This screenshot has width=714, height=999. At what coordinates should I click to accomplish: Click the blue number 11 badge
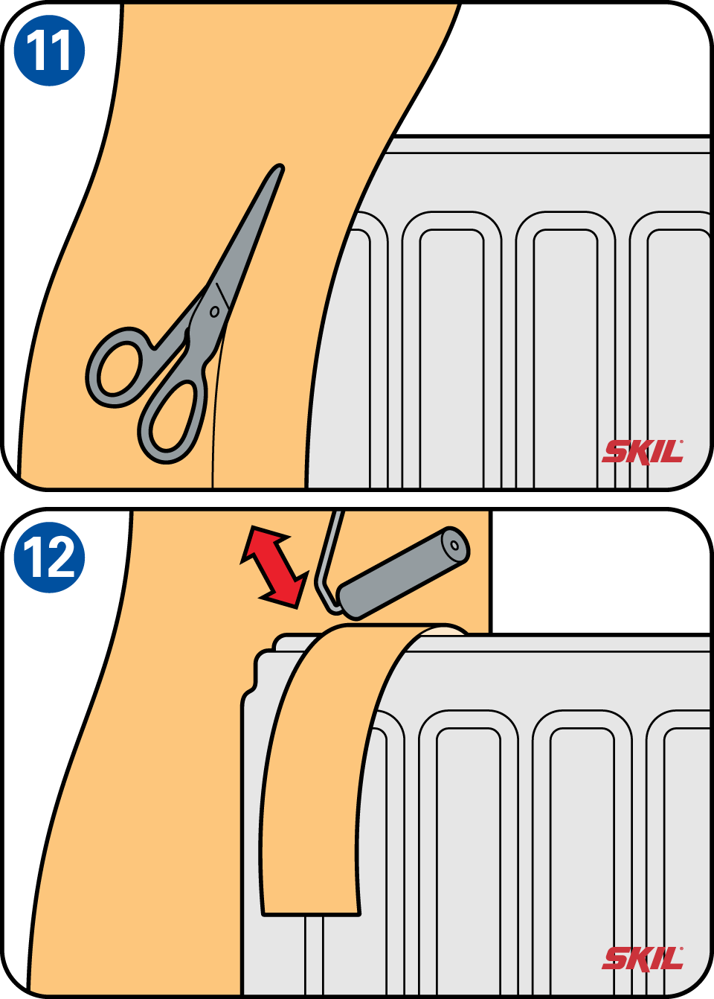(49, 50)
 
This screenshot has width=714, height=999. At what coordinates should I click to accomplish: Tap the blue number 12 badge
(49, 557)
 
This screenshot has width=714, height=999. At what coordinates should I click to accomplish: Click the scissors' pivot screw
(214, 311)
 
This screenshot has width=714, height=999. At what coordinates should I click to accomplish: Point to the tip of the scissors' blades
(280, 167)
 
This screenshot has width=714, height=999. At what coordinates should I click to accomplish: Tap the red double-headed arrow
(274, 567)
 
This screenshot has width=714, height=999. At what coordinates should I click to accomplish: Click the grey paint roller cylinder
(402, 573)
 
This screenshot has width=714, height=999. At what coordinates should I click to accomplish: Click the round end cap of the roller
(454, 545)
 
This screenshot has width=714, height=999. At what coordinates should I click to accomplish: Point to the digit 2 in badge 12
(59, 558)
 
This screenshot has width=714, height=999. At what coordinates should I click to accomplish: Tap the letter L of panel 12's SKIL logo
(673, 959)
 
